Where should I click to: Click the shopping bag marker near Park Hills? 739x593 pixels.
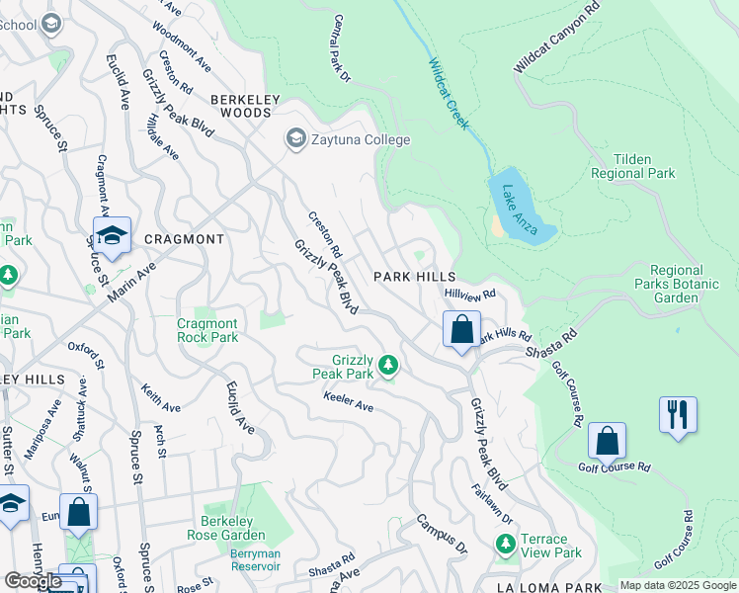pyautogui.click(x=461, y=330)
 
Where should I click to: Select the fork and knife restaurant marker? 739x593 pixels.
pyautogui.click(x=678, y=414)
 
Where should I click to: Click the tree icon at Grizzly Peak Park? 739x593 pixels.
pyautogui.click(x=389, y=367)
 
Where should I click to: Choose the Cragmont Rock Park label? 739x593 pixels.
pyautogui.click(x=207, y=330)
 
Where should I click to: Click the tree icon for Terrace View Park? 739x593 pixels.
pyautogui.click(x=506, y=545)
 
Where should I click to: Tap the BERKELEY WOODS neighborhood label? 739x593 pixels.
pyautogui.click(x=241, y=106)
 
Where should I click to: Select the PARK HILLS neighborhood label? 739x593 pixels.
pyautogui.click(x=414, y=278)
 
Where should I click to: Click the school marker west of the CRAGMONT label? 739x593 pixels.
pyautogui.click(x=112, y=236)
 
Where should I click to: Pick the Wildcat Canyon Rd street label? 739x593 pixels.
pyautogui.click(x=557, y=38)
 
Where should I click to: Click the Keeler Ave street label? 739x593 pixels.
pyautogui.click(x=348, y=405)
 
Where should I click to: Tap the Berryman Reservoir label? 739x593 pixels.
pyautogui.click(x=256, y=560)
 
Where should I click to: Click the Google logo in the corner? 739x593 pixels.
pyautogui.click(x=33, y=581)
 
